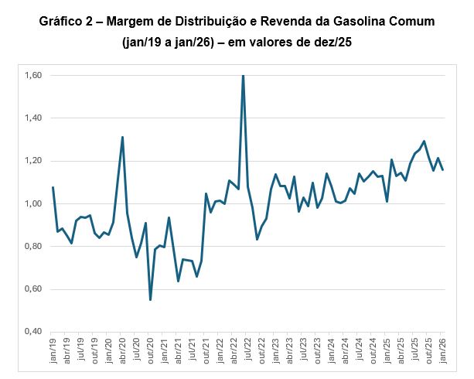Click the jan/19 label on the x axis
53,351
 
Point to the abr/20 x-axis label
123,351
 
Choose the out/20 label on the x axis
151,351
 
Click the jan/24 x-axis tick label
332,351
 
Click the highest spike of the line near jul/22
244,77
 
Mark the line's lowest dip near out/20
150,299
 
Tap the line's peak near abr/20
122,138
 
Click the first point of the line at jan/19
53,187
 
